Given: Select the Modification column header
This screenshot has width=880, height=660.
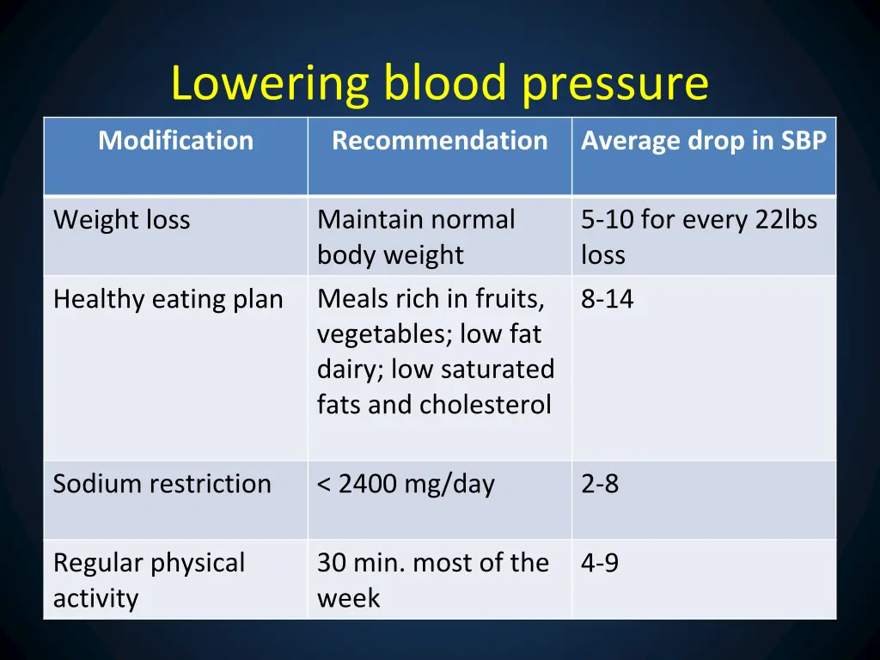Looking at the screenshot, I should pos(176,141).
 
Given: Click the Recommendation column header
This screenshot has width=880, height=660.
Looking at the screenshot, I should pos(439,141).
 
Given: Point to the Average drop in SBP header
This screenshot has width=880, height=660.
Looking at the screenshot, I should pos(703,141).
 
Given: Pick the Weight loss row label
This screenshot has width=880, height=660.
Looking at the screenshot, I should pos(121,220).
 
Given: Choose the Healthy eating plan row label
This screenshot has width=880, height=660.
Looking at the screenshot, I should pos(168,299).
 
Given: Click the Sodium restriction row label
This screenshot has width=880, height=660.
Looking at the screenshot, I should pos(162,484).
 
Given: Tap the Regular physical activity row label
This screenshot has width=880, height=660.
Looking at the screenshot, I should pos(149,580).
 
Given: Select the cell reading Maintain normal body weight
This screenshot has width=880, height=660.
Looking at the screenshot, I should pos(416,237).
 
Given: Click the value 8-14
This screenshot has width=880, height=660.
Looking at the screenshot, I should pos(607,299).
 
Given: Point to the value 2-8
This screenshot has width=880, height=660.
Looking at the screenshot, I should pos(599,484).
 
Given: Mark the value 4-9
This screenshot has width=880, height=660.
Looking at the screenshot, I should pos(599,563).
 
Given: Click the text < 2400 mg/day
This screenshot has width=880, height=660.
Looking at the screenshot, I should pos(406,485).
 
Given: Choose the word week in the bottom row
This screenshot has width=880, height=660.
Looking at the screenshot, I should pos(348,598).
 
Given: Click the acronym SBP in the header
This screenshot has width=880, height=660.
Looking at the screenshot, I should pos(804,141).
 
